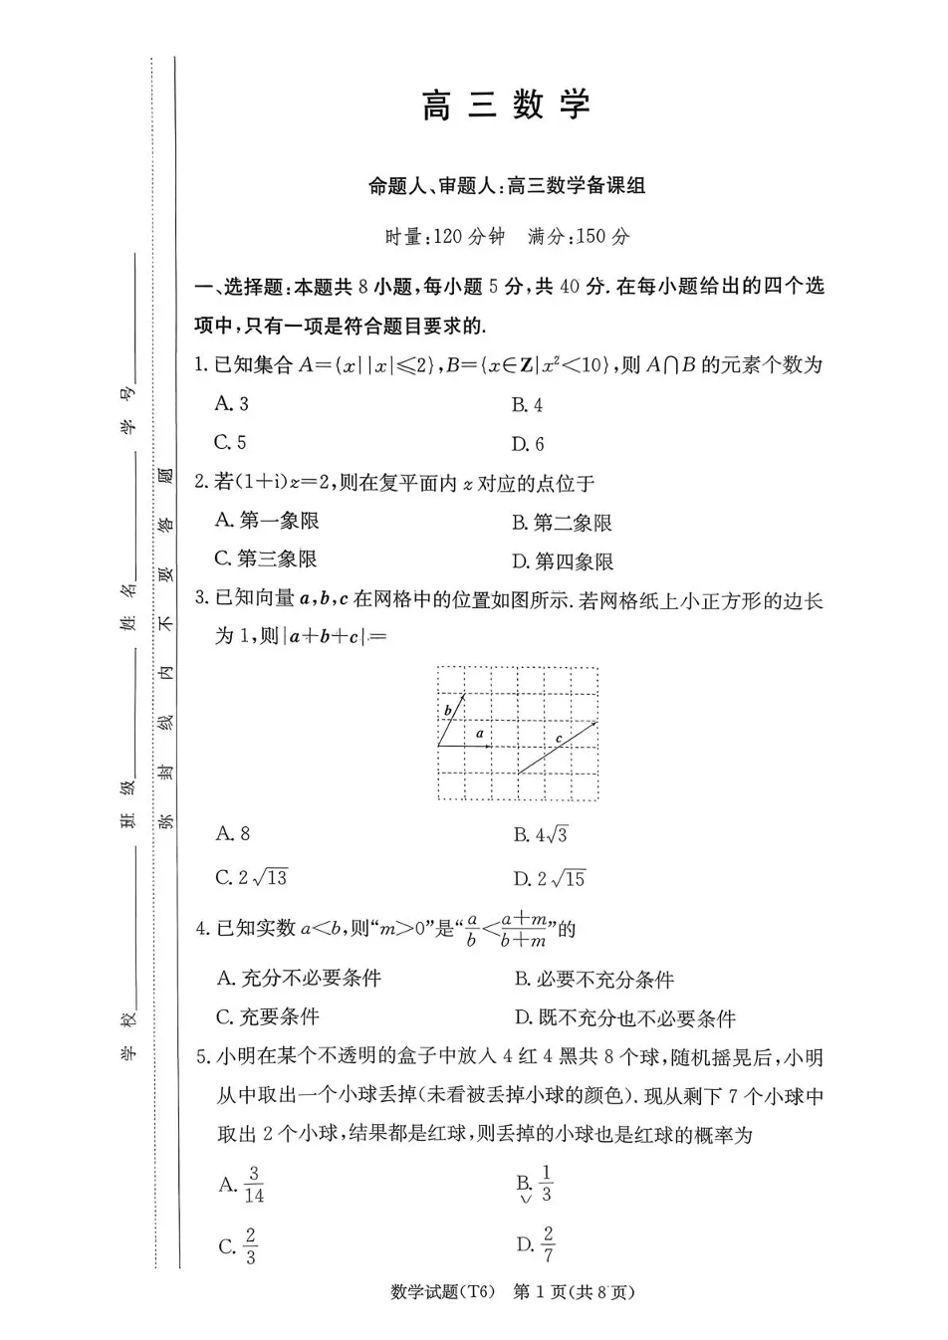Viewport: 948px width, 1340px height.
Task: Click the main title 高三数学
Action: [x=506, y=106]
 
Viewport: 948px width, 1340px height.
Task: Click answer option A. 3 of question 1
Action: [x=232, y=403]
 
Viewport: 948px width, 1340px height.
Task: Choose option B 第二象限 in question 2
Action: [x=563, y=523]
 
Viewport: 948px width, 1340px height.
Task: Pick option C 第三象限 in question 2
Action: [x=266, y=559]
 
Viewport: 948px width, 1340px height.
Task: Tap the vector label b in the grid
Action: [x=448, y=710]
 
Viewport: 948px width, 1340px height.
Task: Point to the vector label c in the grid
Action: [x=559, y=738]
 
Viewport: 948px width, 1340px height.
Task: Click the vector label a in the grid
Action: [x=480, y=733]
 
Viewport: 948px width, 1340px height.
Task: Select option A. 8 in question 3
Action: [x=233, y=833]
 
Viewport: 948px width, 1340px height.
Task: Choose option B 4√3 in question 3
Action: [x=541, y=835]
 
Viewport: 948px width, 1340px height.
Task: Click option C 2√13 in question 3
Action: [x=252, y=877]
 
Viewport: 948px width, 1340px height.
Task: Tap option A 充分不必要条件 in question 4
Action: [x=299, y=979]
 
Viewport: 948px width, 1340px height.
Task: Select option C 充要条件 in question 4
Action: [x=267, y=1017]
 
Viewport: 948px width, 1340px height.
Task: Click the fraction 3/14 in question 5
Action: [x=253, y=1185]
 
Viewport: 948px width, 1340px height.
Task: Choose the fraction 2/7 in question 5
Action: [x=549, y=1243]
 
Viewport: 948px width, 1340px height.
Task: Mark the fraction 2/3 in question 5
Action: [x=250, y=1245]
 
